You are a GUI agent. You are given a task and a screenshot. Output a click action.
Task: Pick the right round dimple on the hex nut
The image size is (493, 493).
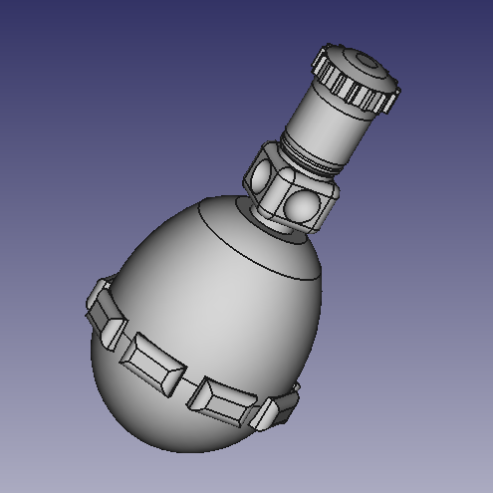[x=302, y=207]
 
